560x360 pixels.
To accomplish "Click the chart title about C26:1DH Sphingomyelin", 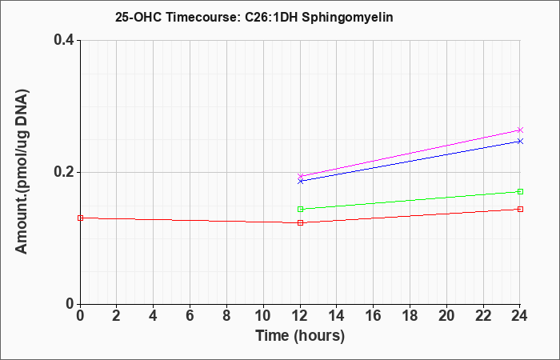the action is (254, 17).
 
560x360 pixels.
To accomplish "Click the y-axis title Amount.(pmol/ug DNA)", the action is (22, 171).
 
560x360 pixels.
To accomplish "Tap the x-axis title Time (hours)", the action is (300, 336).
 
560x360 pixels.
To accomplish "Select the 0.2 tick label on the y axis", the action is (64, 172).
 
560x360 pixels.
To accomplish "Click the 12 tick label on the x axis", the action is (300, 316).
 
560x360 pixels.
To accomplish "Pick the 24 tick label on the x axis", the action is (520, 316).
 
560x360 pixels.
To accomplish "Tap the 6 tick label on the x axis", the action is (190, 316).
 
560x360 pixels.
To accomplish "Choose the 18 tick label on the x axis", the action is (410, 316).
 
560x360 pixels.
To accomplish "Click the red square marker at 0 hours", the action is (80, 218).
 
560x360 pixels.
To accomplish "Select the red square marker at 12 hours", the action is (300, 222).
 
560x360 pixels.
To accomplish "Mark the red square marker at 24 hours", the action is (520, 209).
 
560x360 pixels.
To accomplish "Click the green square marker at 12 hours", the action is (300, 209).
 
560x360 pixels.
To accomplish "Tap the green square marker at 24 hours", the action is (520, 191).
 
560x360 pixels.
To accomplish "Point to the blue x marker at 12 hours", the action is (300, 181).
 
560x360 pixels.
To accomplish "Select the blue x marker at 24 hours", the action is (520, 141).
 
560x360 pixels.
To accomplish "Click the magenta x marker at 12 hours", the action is (300, 176).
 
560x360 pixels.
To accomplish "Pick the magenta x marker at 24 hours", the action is (520, 130).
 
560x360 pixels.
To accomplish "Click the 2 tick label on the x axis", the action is (117, 316).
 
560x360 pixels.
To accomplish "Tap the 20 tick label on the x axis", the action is (446, 316).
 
